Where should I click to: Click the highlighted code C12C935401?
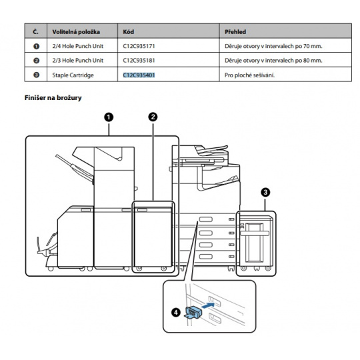pos(139,75)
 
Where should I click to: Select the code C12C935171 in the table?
pos(139,46)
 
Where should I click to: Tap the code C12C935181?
pos(139,61)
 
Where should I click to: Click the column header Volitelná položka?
pos(76,32)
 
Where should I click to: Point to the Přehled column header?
pos(235,32)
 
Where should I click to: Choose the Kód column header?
pos(129,32)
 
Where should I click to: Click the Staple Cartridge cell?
pos(73,75)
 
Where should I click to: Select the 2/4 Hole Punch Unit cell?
pos(78,46)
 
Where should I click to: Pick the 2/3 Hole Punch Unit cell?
pos(78,61)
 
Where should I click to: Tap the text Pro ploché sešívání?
pos(249,75)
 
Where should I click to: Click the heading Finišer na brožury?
pos(53,98)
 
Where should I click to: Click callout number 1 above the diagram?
pos(109,117)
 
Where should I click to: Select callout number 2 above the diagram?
pos(153,117)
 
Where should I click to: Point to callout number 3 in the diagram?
pos(265,192)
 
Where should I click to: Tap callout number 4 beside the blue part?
pos(176,312)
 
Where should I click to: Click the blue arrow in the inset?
pos(208,305)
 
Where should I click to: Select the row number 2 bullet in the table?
pos(36,61)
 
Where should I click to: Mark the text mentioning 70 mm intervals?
pos(273,46)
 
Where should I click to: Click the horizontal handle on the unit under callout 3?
pos(255,233)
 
